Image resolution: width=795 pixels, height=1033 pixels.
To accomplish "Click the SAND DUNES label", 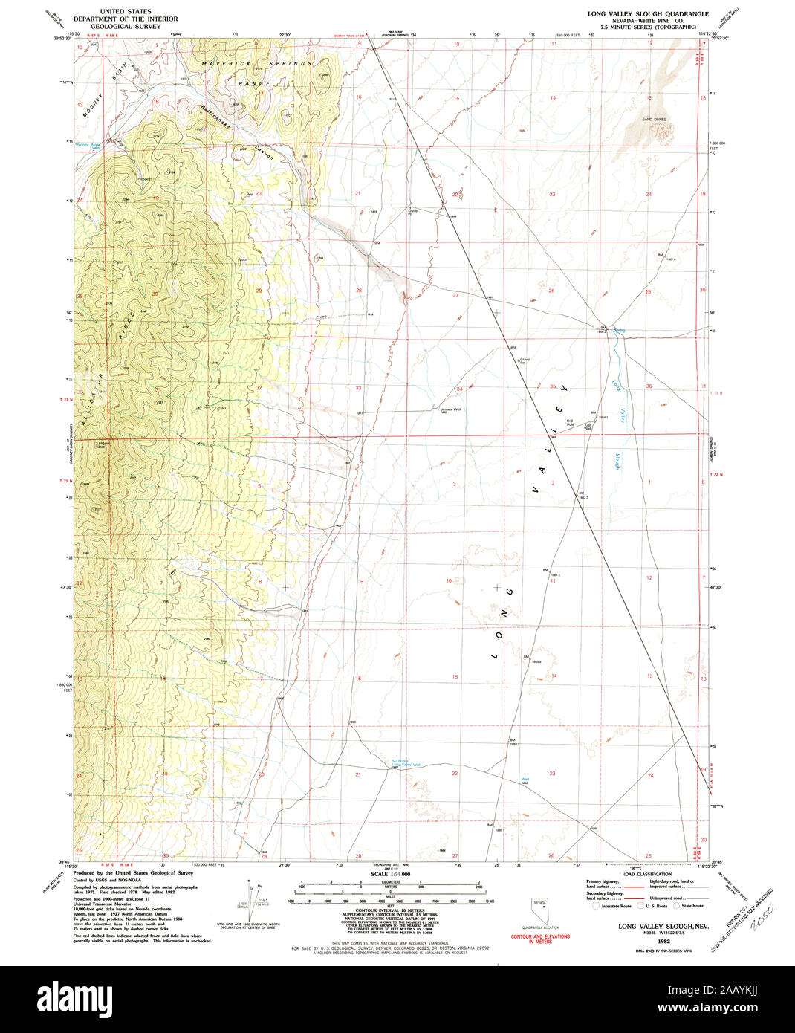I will click(654, 119).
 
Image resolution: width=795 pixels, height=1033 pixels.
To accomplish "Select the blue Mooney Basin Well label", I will click(86, 146).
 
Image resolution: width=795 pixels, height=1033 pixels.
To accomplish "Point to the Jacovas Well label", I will click(450, 409).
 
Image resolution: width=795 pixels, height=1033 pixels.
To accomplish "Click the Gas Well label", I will click(587, 427).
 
